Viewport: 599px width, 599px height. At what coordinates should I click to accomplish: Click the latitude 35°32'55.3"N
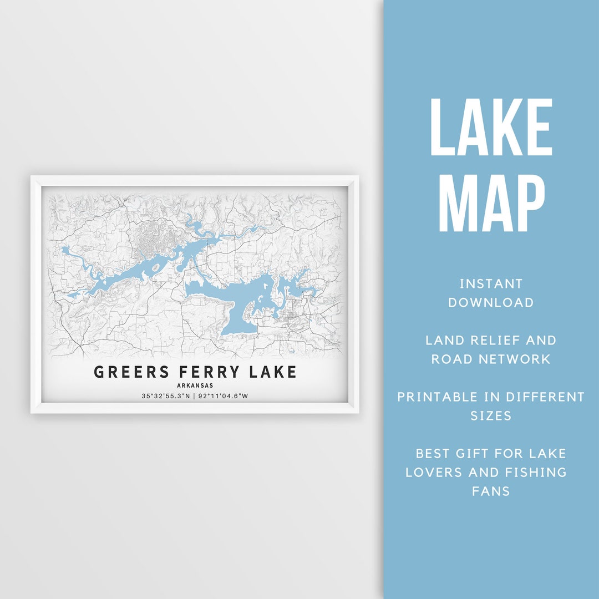(165, 396)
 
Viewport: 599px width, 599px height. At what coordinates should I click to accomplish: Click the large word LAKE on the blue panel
(491, 128)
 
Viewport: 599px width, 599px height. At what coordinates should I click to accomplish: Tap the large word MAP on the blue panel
(491, 204)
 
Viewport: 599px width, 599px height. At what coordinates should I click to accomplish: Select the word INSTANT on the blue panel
(491, 284)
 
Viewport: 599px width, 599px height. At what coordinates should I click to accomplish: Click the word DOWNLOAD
(491, 303)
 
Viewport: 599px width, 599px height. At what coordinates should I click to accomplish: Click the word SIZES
(491, 416)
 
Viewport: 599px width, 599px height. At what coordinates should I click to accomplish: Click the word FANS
(491, 491)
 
